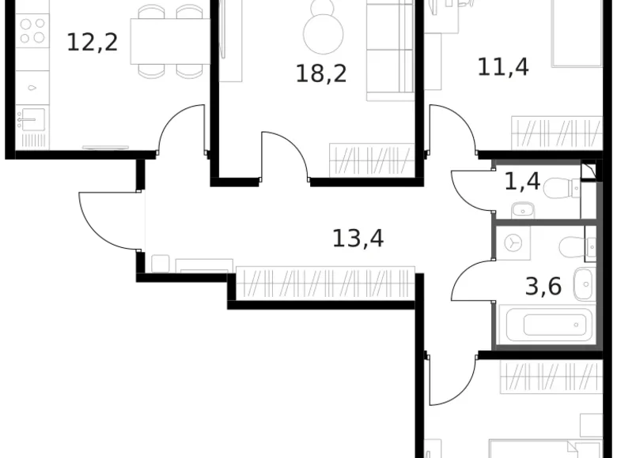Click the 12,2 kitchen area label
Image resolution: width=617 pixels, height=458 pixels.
tap(92, 41)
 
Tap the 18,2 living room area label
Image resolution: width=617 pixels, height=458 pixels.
tap(321, 73)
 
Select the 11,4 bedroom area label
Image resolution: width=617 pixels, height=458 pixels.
tap(503, 66)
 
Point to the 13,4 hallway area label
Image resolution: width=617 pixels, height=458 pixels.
tap(358, 237)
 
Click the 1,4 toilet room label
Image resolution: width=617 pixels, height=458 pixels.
tap(522, 182)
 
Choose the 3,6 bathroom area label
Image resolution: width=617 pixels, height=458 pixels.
tap(543, 285)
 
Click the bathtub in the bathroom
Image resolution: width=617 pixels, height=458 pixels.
tap(547, 325)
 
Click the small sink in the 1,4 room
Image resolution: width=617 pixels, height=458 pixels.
tap(522, 210)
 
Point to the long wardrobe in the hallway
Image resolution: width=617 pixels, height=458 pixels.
tap(326, 283)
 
